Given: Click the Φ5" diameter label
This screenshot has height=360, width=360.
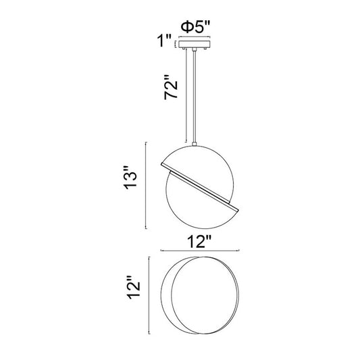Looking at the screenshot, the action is (195, 27).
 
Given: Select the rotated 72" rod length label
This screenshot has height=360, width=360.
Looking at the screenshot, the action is (172, 87).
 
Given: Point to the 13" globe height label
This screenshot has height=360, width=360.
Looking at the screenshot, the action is (130, 178).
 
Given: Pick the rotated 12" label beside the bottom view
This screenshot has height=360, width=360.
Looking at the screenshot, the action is (134, 287).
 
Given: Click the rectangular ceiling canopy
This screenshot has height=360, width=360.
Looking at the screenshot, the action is (195, 45).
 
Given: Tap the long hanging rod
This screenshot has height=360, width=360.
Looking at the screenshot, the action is (195, 97).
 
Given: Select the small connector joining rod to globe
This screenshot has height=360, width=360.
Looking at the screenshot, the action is (195, 144).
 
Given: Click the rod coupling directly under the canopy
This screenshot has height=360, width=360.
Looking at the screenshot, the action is (195, 49).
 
